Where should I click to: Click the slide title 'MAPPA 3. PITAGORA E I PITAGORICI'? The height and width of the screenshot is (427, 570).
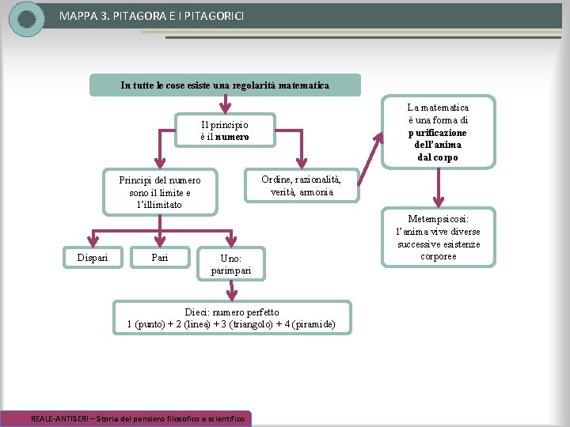tap(151, 16)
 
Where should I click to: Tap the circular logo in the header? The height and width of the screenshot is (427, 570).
tap(26, 19)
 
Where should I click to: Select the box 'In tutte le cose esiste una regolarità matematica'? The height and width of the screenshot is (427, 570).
tap(225, 85)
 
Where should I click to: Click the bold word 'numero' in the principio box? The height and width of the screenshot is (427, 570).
tap(232, 137)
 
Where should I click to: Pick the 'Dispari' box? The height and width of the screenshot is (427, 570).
tap(93, 258)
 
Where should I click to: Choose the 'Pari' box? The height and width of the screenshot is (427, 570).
tap(160, 258)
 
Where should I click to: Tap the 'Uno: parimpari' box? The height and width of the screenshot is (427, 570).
tap(231, 264)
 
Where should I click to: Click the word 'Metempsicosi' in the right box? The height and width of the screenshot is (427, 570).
tap(438, 219)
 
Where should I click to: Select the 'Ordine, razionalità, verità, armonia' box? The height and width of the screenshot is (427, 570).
tap(302, 185)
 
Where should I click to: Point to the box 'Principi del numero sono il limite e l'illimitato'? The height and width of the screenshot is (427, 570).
tap(160, 192)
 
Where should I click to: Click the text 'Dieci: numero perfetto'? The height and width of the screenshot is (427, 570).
tap(232, 312)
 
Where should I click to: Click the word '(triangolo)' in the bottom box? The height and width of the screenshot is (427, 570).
tap(251, 324)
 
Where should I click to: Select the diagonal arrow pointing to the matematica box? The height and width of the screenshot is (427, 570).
tap(370, 159)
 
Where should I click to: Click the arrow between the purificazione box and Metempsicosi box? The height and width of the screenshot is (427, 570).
tap(439, 187)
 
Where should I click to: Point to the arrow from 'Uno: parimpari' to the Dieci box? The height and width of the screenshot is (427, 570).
tap(231, 290)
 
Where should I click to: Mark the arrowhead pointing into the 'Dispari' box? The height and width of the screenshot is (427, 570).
tap(93, 241)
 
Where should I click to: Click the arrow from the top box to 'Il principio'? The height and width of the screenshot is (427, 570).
tap(225, 104)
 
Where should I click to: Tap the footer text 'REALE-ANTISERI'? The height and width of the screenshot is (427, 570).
tap(59, 418)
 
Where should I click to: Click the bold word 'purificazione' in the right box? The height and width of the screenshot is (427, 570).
tap(437, 133)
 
